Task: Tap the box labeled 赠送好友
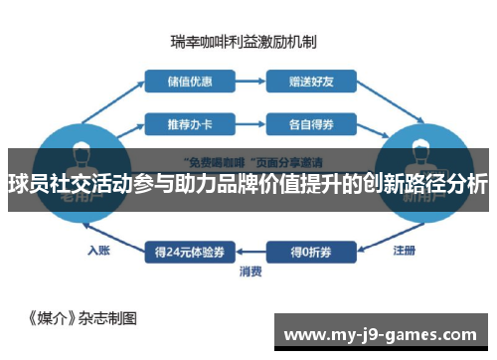310,80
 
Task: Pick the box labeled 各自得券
310,125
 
